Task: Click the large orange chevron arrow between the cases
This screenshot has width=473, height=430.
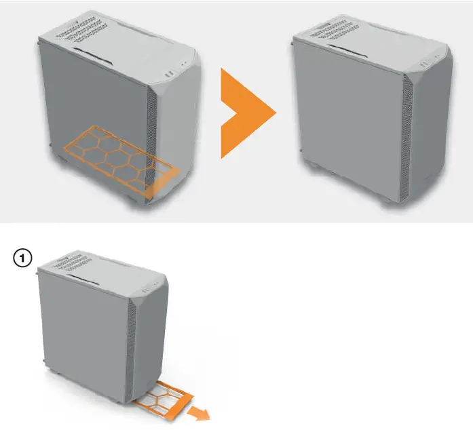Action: coord(242,113)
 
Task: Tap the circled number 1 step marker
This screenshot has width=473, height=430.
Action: coord(22,258)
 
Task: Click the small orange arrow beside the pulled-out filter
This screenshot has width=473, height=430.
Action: coord(198,413)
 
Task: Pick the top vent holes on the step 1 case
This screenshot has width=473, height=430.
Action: coord(73,262)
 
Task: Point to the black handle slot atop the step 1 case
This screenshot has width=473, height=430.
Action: coord(82,279)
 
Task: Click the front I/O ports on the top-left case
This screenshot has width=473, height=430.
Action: coord(176,69)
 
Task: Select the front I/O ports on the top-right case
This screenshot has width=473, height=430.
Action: coord(429,60)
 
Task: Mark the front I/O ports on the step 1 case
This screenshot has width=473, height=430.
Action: coord(150,287)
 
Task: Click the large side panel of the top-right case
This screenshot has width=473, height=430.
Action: coord(350,121)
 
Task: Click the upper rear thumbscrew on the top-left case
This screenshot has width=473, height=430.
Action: coord(39,43)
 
